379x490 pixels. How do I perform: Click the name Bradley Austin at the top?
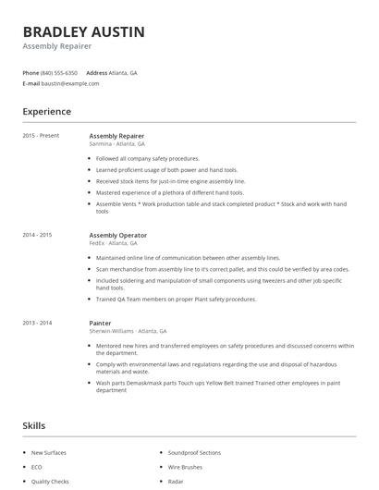[83, 31]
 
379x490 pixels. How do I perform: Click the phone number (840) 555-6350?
[59, 72]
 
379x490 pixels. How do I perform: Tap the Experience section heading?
[46, 112]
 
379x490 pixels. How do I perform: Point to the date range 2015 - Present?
[41, 136]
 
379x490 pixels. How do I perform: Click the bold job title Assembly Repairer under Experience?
[116, 136]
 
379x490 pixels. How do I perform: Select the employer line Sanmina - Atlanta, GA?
[117, 143]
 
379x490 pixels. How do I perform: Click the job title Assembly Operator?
[118, 235]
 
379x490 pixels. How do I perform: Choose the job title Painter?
[100, 323]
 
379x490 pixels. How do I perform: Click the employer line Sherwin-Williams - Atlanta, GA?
[128, 330]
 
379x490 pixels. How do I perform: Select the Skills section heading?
[34, 425]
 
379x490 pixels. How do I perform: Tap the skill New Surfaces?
[49, 453]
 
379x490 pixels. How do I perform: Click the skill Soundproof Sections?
[194, 453]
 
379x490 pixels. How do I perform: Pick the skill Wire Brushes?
[185, 467]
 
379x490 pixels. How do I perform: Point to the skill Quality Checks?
[50, 482]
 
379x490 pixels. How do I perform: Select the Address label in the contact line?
[96, 72]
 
